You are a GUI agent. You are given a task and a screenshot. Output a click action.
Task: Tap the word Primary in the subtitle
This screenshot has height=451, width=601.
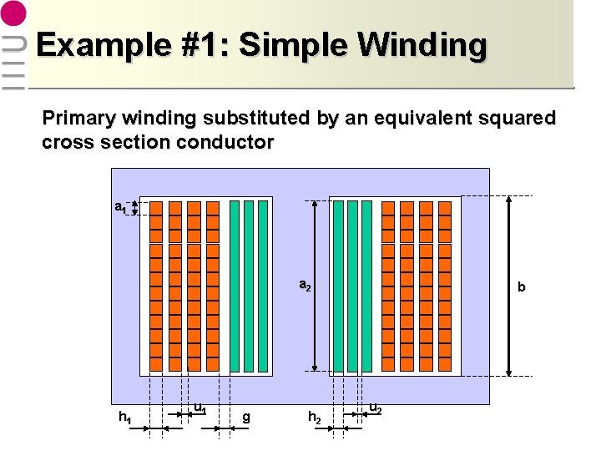pos(76,118)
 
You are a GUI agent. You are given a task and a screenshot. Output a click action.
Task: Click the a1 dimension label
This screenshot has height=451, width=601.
pos(121,206)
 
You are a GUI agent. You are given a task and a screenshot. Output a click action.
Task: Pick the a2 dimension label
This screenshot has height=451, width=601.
pos(306,286)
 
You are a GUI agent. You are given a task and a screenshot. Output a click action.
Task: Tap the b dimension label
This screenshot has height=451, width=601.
pos(522,287)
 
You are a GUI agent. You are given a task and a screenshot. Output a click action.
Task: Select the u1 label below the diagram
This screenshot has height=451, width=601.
pos(200,408)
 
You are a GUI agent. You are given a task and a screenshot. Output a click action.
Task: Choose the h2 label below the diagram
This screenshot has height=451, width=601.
pos(315,416)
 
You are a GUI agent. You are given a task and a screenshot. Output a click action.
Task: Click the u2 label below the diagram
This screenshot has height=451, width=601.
pos(376,408)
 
